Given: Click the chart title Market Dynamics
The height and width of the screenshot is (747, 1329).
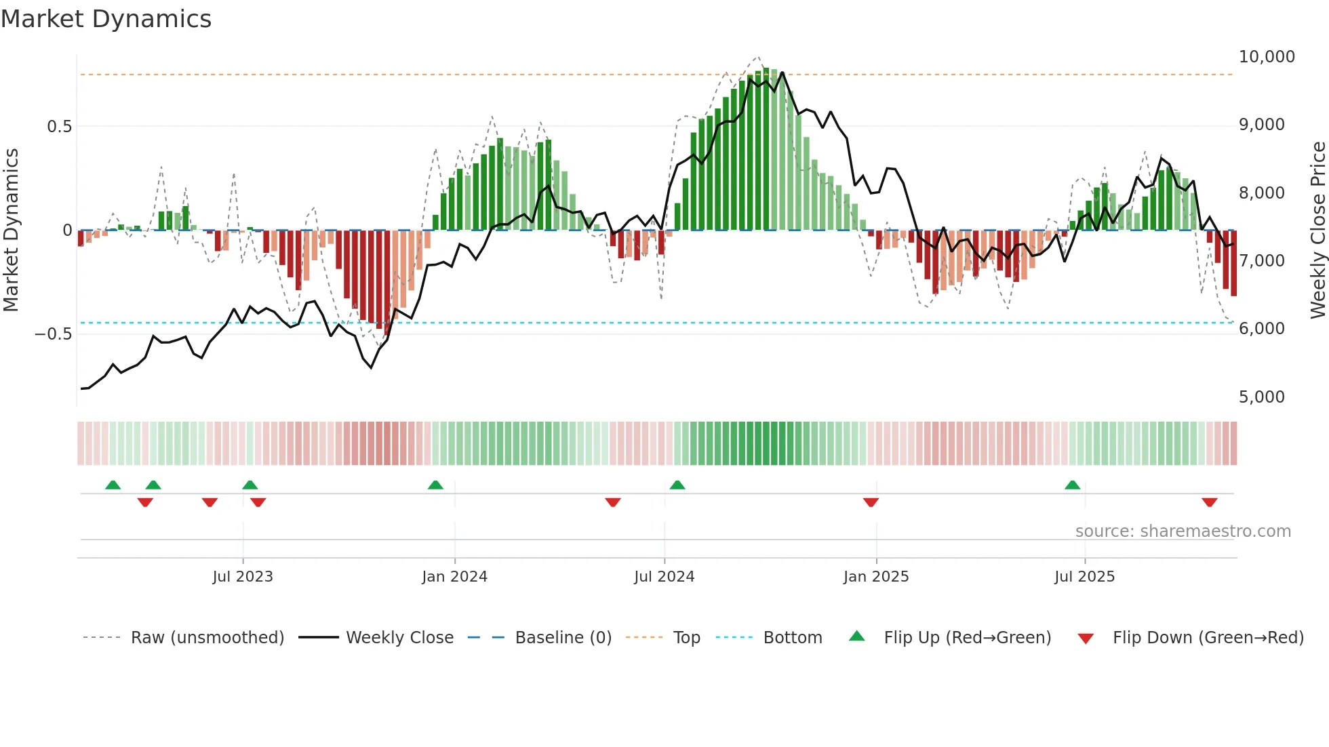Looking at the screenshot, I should [106, 19].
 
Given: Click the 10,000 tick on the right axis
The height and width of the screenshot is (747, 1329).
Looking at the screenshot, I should [1266, 57].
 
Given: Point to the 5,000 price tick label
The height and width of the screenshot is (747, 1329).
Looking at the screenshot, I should [1261, 397].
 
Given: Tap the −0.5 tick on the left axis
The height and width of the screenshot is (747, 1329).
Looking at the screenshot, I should [53, 334].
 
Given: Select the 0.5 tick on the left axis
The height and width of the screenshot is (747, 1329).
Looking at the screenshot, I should [59, 127].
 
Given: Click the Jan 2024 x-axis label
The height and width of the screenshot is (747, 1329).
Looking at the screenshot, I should [454, 577].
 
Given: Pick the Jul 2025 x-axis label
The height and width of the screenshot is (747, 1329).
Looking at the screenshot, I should [1084, 577].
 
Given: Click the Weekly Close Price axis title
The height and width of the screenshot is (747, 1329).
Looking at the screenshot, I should [1317, 230].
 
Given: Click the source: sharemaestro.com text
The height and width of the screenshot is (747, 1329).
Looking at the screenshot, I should [1183, 531].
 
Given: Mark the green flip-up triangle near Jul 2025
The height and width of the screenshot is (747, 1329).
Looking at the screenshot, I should [1072, 485].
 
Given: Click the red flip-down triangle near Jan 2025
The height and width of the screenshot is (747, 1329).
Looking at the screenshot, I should [871, 502].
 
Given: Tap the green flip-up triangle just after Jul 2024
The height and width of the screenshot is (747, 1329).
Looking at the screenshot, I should [677, 485].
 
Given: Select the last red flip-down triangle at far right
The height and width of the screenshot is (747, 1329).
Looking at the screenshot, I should [1209, 502].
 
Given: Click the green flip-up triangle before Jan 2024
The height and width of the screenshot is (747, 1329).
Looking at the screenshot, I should [435, 485].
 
